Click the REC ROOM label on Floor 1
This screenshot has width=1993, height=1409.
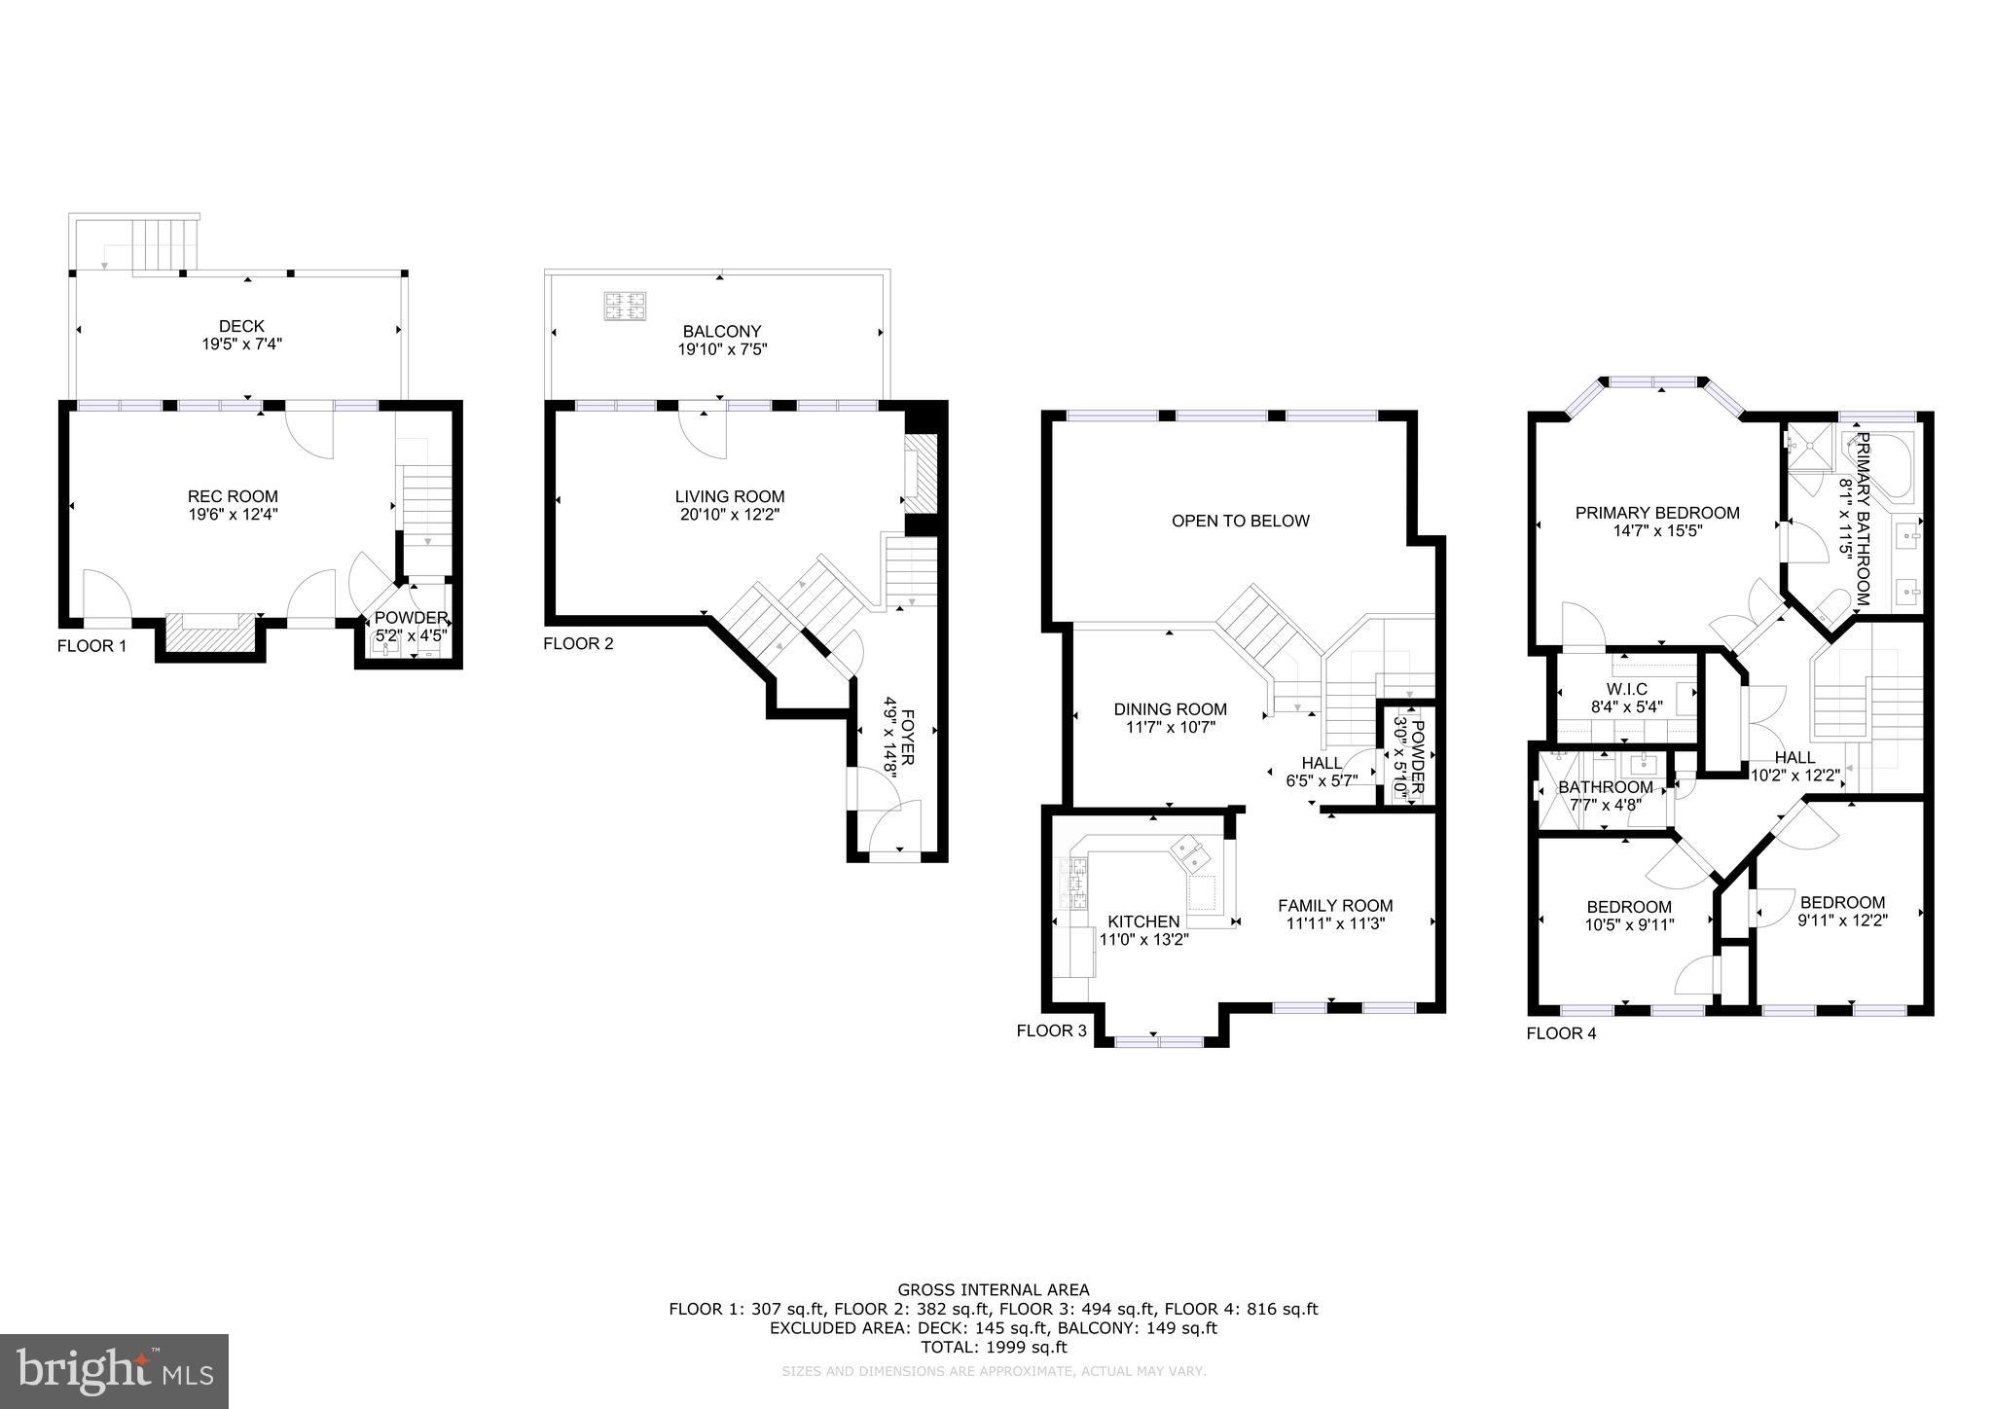click(233, 496)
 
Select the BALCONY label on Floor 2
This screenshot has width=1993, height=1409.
click(722, 332)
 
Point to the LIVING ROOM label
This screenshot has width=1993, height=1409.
click(730, 496)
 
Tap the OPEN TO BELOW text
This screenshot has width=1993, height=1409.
click(1241, 521)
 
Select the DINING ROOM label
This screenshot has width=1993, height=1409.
click(1171, 709)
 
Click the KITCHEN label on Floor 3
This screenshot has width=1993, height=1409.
click(1144, 921)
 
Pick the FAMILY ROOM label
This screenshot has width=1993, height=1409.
click(1335, 905)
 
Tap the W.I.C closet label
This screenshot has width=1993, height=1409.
click(1627, 689)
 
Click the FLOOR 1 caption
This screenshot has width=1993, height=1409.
click(92, 645)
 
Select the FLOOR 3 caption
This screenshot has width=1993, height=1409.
click(1051, 1030)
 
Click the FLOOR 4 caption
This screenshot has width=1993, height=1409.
click(1561, 1033)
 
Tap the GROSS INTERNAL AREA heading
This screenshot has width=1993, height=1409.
click(994, 1290)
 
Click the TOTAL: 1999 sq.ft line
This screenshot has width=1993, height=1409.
click(994, 1348)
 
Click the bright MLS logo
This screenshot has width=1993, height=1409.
click(115, 1370)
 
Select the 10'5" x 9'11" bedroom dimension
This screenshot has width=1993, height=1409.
click(1629, 924)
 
